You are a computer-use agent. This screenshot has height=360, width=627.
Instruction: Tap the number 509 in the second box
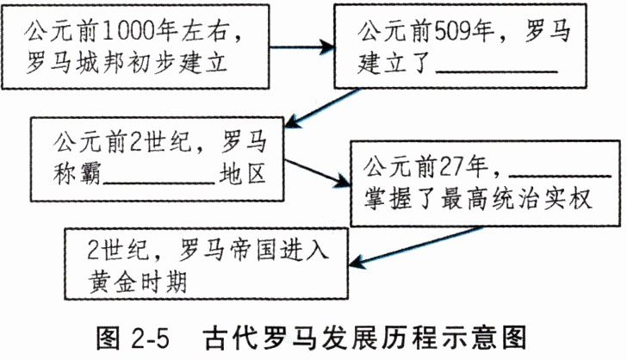456,32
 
